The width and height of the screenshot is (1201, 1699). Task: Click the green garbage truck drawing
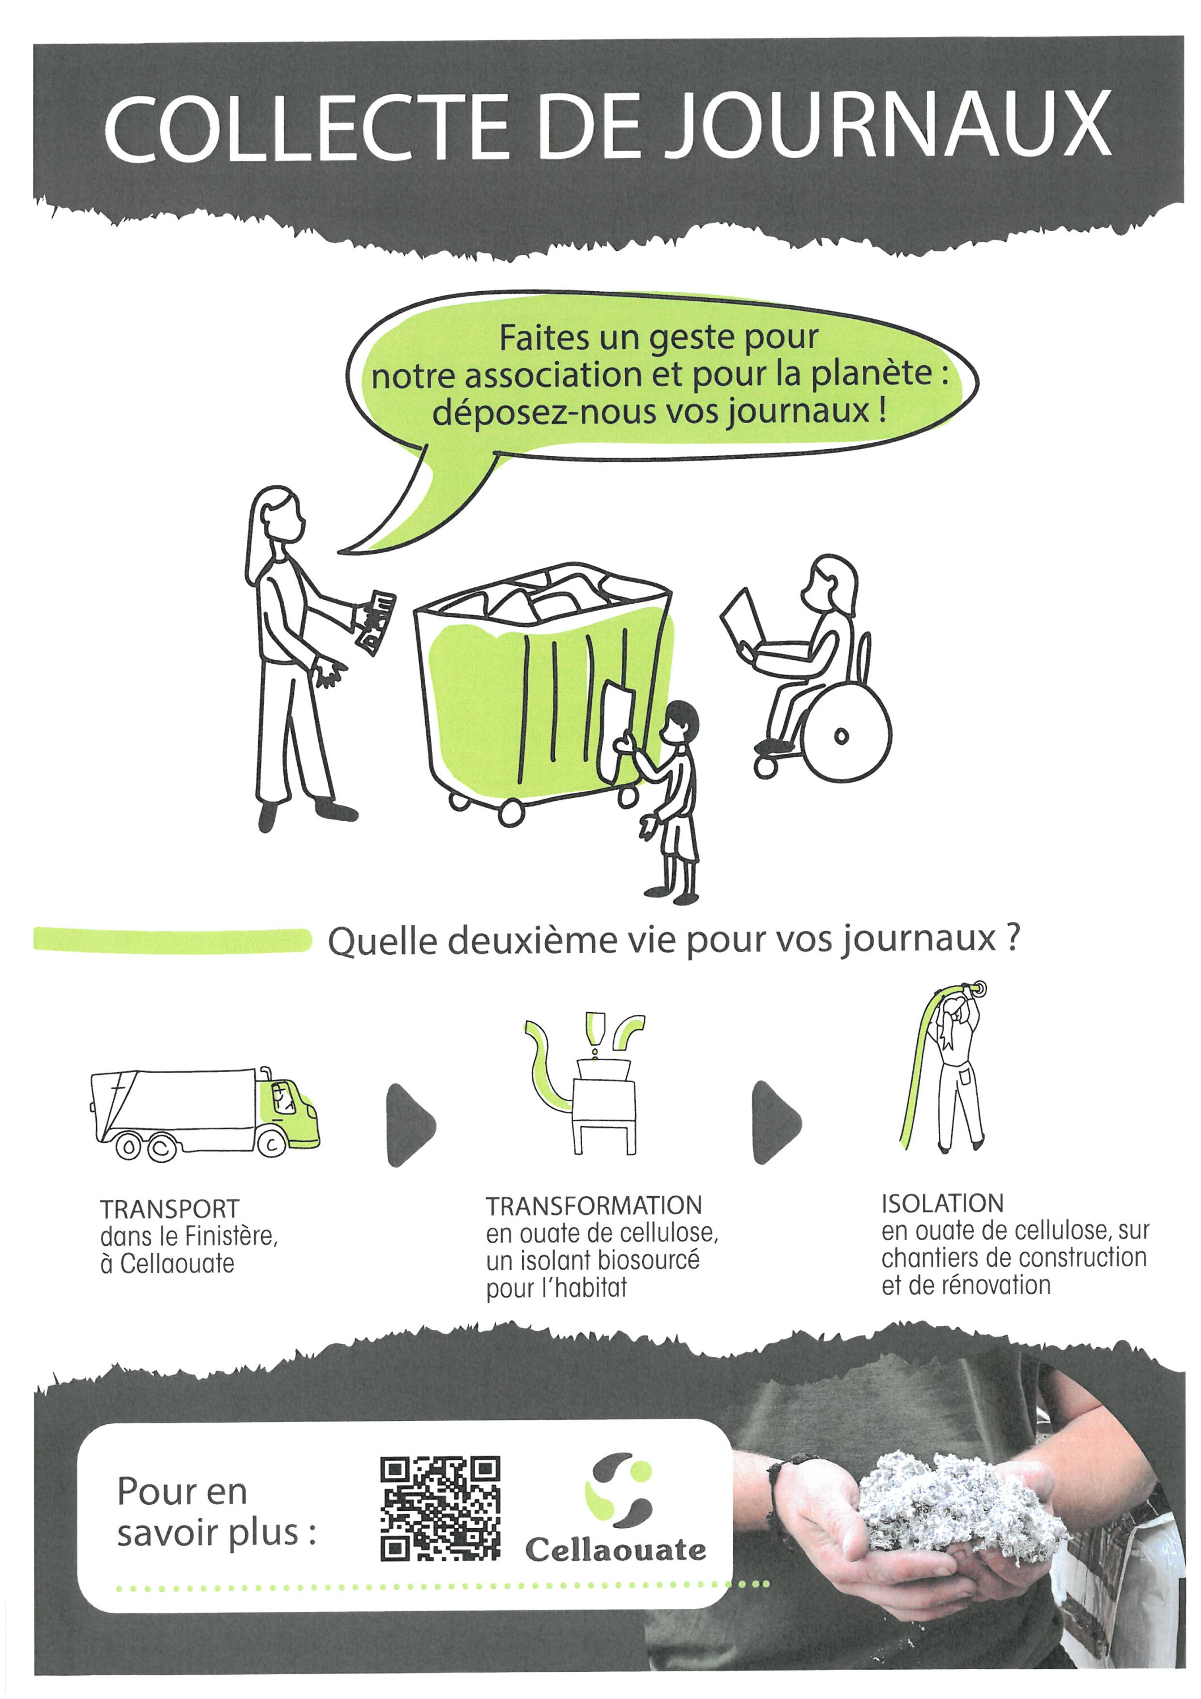tap(205, 1115)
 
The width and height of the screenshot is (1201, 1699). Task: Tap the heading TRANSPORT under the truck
tap(169, 1210)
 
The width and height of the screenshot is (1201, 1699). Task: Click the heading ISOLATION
tap(942, 1204)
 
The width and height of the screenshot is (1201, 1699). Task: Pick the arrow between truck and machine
tap(410, 1125)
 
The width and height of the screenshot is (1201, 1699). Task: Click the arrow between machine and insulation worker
tap(776, 1122)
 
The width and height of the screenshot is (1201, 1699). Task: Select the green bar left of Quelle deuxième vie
tap(172, 940)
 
